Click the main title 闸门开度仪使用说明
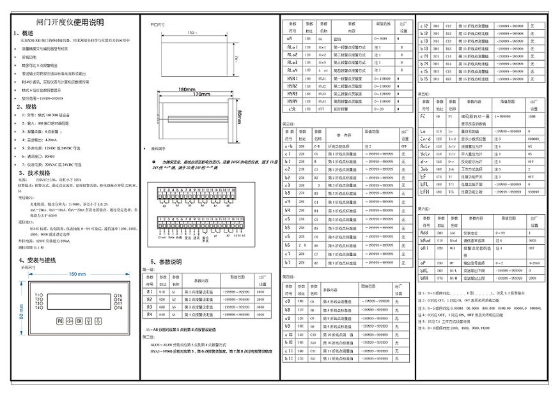pyautogui.click(x=70, y=23)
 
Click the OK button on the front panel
pyautogui.click(x=79, y=321)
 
